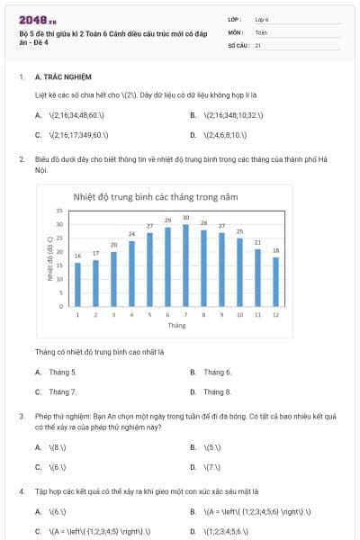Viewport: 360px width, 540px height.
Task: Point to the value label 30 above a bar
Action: coord(185,218)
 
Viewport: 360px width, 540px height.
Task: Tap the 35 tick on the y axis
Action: coord(59,211)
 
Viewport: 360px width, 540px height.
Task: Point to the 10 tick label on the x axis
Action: coord(239,314)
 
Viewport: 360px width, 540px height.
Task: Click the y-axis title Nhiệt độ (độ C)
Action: coord(50,261)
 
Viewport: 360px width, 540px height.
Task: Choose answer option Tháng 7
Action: coord(62,391)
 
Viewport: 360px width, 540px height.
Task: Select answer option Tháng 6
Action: coord(217,372)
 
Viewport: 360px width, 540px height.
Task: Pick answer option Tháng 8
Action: coord(217,391)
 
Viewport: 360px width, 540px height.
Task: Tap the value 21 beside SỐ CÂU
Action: coord(259,44)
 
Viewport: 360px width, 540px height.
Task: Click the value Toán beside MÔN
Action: coord(262,31)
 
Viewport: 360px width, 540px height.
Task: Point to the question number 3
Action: coord(21,417)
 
